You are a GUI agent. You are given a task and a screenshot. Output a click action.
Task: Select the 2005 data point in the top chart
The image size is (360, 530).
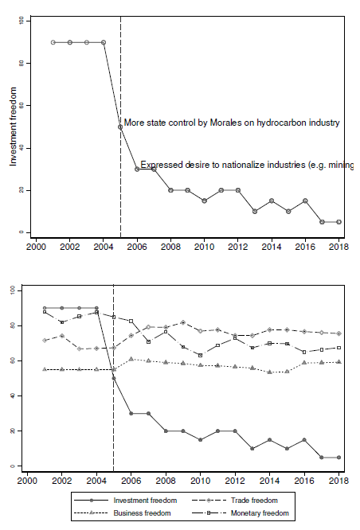120,127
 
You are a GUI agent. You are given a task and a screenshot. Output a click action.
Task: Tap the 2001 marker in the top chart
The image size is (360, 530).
53,42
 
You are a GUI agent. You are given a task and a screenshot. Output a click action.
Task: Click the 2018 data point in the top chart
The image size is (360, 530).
338,222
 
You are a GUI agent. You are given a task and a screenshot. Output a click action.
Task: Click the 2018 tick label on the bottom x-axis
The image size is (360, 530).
338,481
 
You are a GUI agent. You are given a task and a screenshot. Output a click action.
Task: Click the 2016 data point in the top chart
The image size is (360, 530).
304,201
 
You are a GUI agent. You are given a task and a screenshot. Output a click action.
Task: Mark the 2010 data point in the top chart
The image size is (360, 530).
204,201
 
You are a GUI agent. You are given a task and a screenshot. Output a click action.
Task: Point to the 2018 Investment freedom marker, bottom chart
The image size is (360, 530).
338,458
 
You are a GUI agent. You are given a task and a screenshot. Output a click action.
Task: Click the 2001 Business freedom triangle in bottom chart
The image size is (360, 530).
45,369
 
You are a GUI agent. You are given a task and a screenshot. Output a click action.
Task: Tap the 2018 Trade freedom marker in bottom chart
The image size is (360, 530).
338,333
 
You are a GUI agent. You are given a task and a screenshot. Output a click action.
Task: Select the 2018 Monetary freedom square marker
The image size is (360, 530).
338,348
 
